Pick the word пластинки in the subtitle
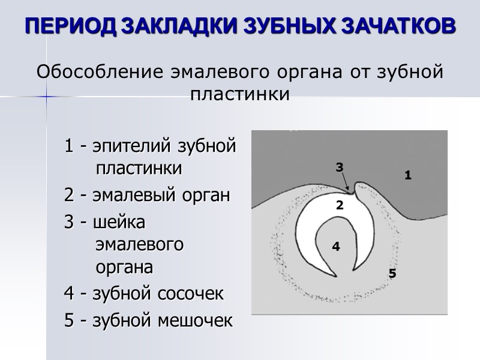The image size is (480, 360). pyautogui.click(x=240, y=95)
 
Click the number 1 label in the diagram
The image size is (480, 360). pyautogui.click(x=407, y=176)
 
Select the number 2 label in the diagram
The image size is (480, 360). pyautogui.click(x=339, y=205)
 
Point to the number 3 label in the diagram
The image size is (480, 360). pyautogui.click(x=339, y=167)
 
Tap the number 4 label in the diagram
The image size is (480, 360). pyautogui.click(x=336, y=247)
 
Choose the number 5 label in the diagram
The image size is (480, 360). pyautogui.click(x=392, y=274)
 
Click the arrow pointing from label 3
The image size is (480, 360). pyautogui.click(x=345, y=183)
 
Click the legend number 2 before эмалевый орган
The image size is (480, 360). pyautogui.click(x=69, y=196)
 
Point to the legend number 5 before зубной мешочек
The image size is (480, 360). pyautogui.click(x=69, y=320)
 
